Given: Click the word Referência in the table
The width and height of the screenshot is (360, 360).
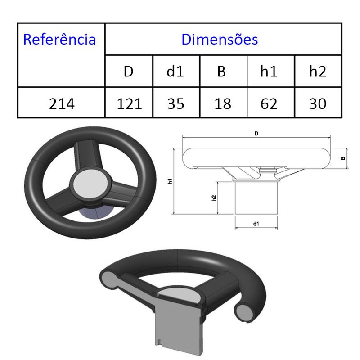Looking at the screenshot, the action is tap(59, 39).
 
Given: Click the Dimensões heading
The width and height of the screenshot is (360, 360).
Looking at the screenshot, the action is tap(220, 39).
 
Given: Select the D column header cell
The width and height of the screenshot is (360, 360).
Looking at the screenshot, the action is tap(129, 72).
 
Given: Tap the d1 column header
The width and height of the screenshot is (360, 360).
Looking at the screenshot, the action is tap(176, 72).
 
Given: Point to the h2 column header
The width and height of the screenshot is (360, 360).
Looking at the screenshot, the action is tap(318, 72).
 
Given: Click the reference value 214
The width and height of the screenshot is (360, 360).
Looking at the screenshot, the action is tap(62, 104).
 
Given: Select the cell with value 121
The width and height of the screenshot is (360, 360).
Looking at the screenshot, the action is tap(129, 104).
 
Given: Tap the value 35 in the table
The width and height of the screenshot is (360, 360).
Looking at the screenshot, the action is tap(176, 104).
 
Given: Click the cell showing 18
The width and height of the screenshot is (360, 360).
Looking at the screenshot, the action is tap(223, 104).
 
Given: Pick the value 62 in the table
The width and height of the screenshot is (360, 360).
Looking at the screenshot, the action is tap(269, 104).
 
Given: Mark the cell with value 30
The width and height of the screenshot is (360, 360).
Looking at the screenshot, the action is tap(318, 104).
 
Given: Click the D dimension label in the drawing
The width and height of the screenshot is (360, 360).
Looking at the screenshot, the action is tap(256, 133).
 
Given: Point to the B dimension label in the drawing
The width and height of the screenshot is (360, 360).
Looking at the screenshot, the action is tap(343, 158).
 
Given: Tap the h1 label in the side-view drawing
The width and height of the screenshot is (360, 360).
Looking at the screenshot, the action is tap(170, 181).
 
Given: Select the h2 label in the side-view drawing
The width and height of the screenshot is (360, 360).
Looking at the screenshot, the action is tap(214, 198).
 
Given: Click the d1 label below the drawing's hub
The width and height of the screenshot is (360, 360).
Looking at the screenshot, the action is tap(256, 223).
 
